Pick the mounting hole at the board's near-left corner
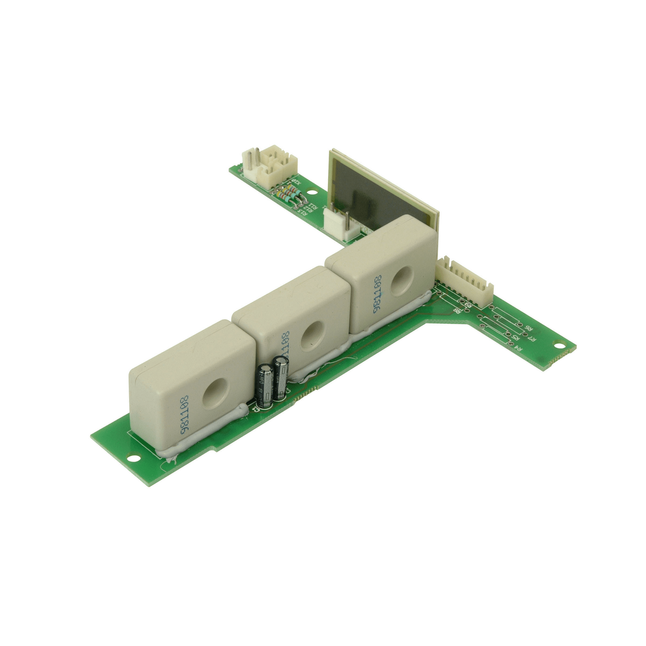click(x=133, y=457)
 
